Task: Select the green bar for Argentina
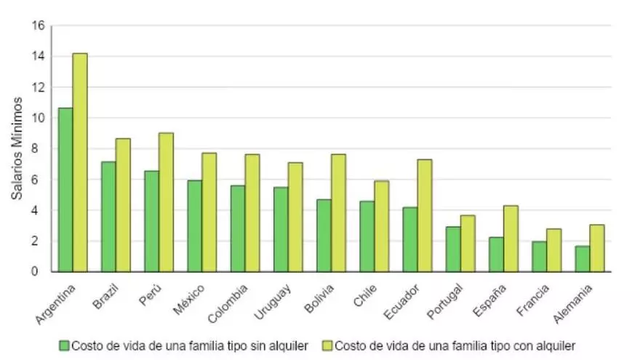[65, 190]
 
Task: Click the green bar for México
[194, 226]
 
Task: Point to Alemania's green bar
[582, 259]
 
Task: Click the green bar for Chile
[367, 236]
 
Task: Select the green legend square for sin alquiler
[65, 345]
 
